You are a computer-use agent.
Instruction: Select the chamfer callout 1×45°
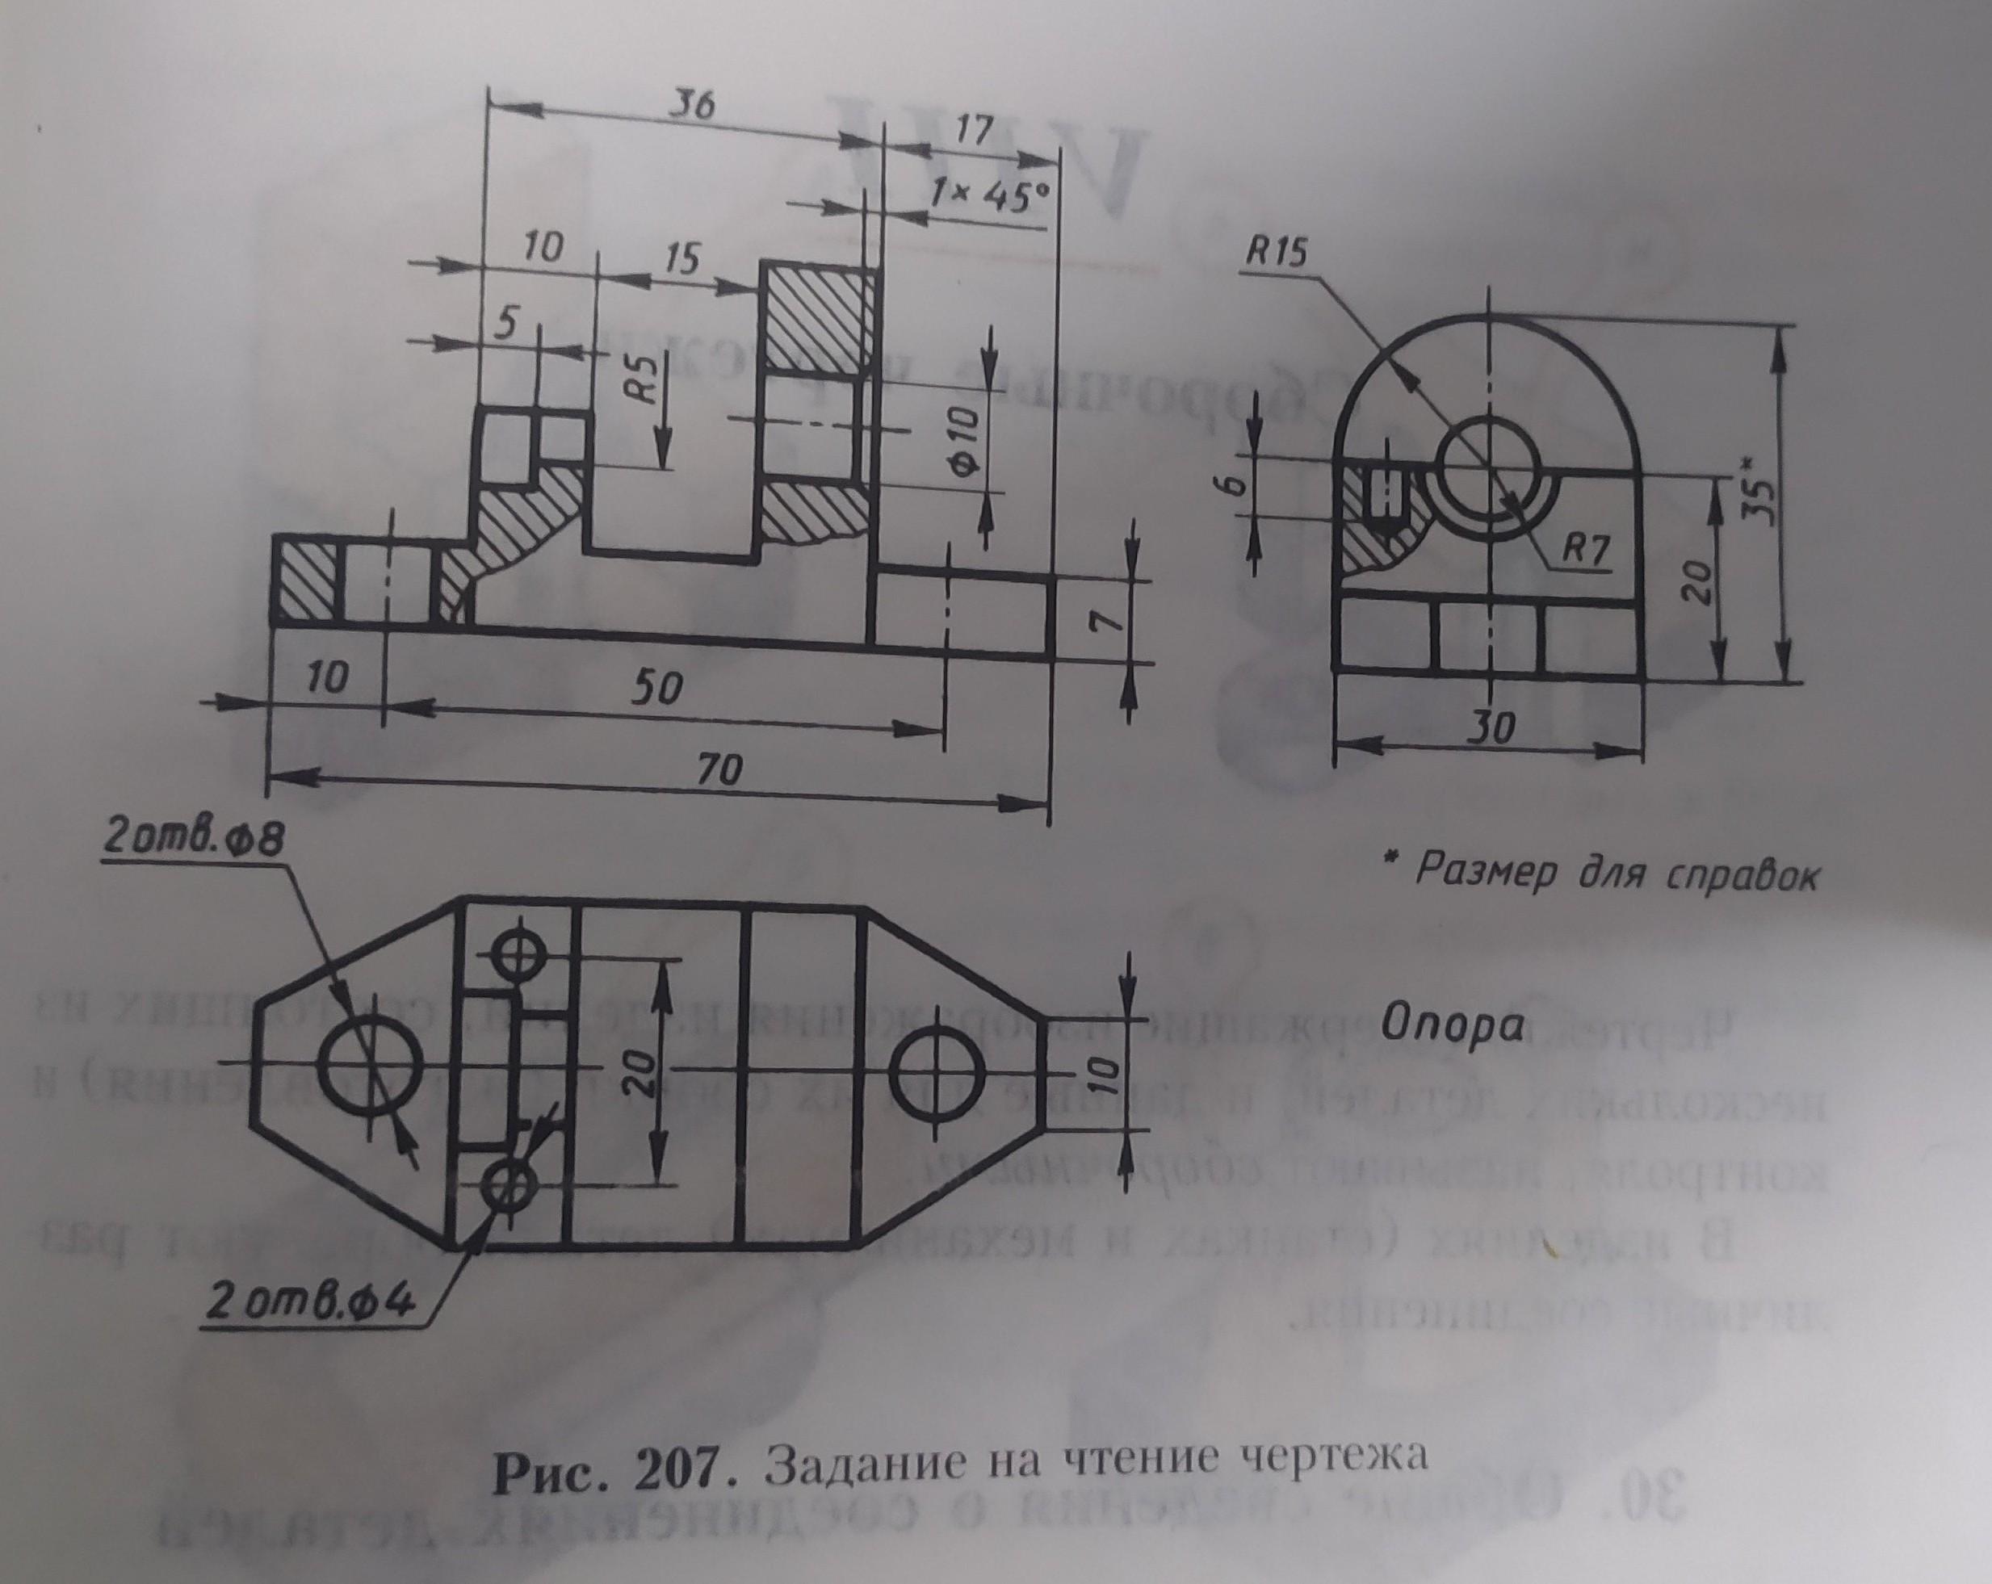coord(989,194)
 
